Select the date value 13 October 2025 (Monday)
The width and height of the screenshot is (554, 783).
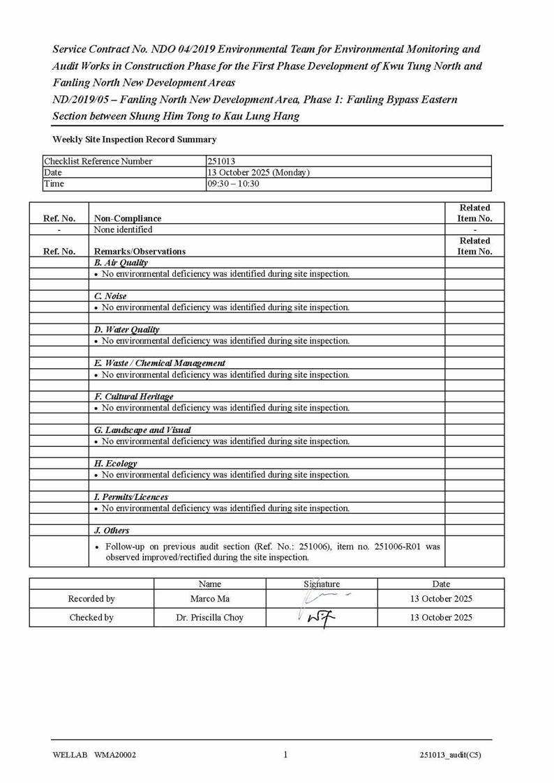point(258,172)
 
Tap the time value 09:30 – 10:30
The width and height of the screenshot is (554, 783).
point(233,183)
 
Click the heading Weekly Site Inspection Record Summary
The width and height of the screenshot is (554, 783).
point(134,139)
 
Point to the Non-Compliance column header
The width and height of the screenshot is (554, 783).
point(127,218)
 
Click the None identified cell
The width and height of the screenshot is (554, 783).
point(123,229)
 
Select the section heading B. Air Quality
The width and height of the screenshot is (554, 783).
point(121,263)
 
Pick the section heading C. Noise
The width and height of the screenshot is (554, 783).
point(110,296)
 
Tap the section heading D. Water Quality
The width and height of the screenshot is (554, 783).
point(126,330)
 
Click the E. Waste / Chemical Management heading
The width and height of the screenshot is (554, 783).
point(160,363)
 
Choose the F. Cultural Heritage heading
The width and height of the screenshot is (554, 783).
point(133,397)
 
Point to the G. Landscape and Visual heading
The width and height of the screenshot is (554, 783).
point(142,430)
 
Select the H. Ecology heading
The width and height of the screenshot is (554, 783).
point(115,464)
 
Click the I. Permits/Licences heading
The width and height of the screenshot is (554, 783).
point(130,497)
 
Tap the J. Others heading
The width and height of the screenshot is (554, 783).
point(112,531)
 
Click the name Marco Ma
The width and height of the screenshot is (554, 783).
point(209,599)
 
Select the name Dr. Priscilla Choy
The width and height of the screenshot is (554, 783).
point(209,618)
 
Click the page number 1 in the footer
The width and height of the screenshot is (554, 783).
point(285,754)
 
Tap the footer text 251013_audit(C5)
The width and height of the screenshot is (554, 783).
point(450,755)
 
